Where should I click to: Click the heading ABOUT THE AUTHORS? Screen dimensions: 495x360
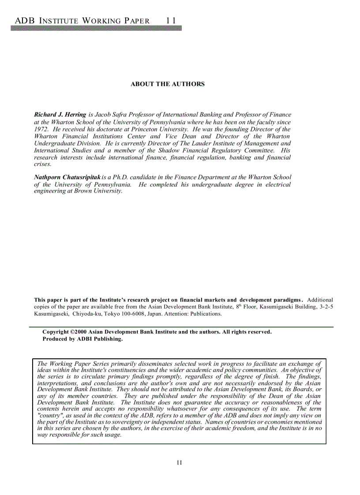click(168, 84)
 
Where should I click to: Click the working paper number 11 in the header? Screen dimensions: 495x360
click(171, 21)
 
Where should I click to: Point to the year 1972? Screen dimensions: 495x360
click(41, 129)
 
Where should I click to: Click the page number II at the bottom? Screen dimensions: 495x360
click(180, 463)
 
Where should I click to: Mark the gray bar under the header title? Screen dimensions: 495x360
click(96, 28)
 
